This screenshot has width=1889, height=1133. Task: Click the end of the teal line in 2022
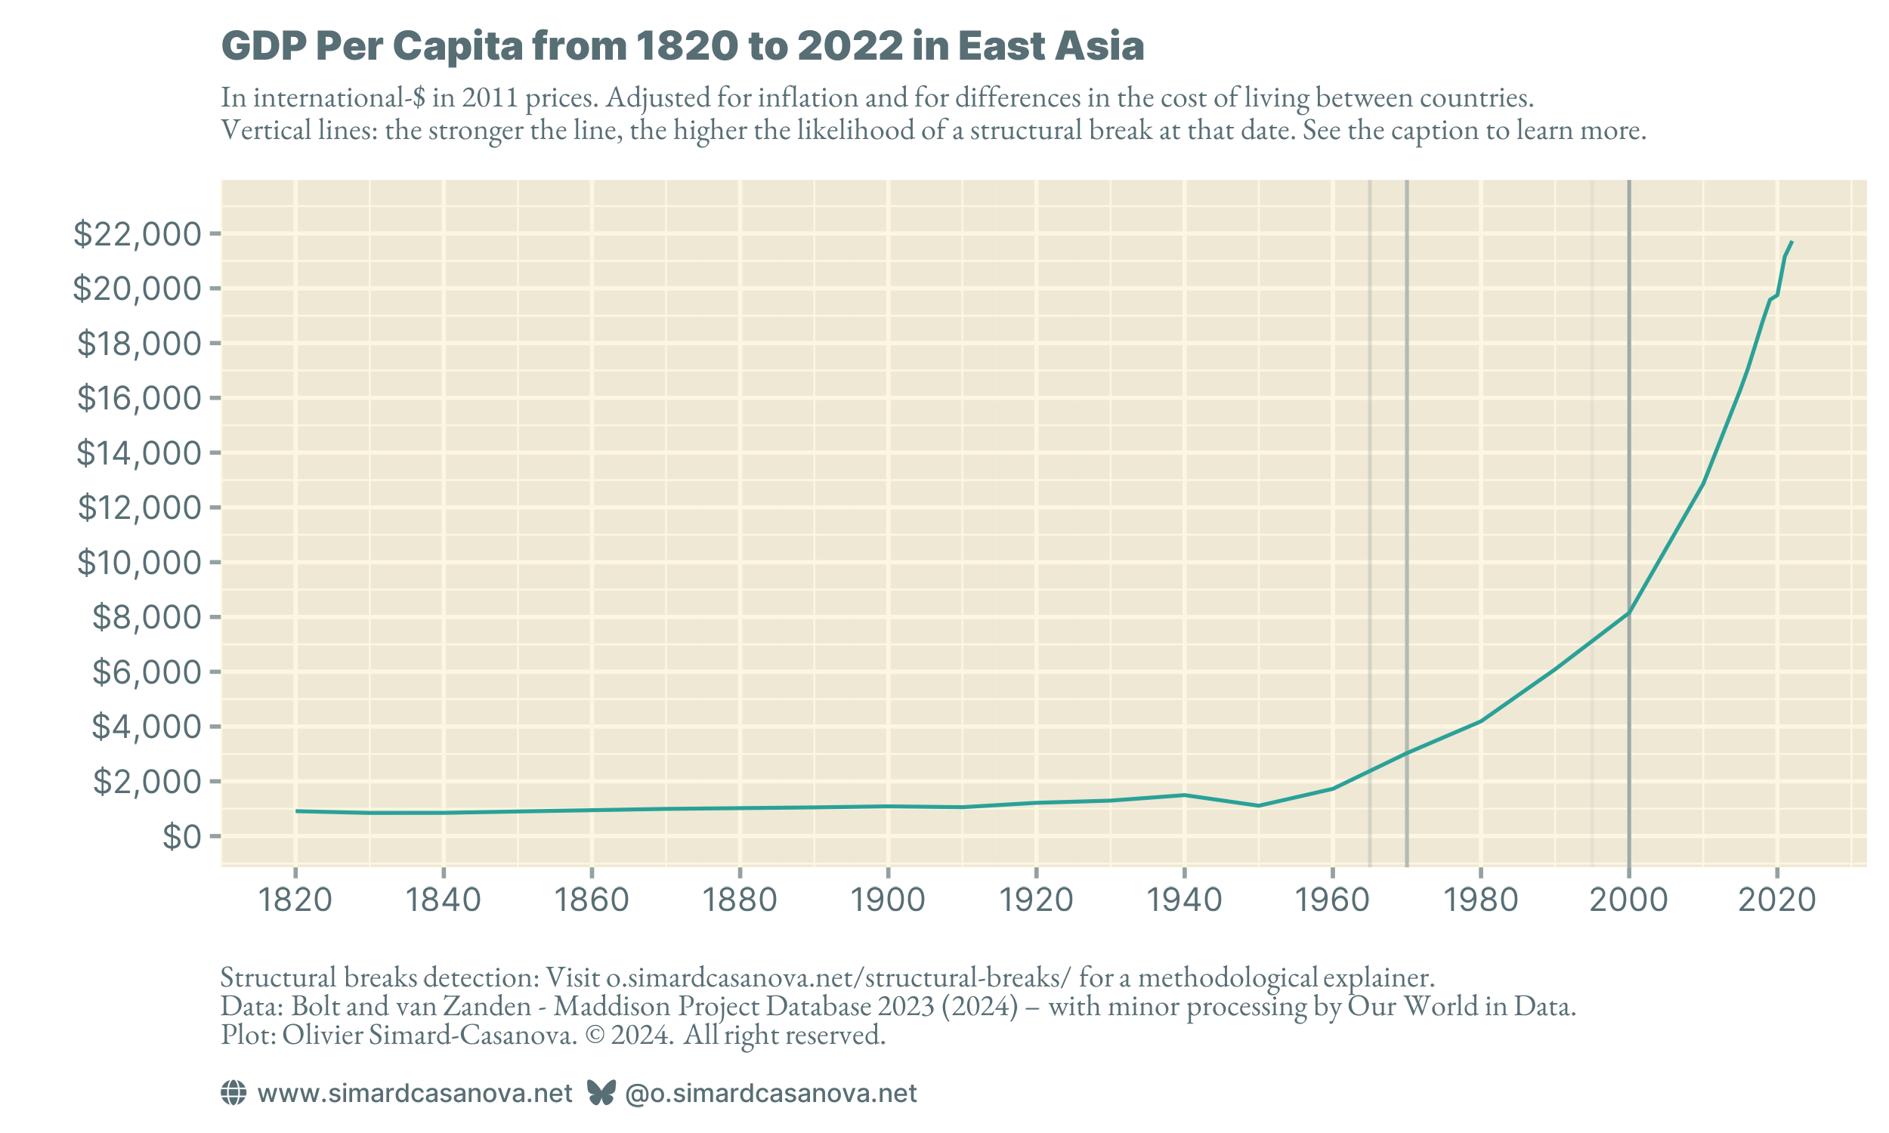coord(1792,242)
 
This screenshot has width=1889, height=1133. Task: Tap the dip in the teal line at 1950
coord(1258,805)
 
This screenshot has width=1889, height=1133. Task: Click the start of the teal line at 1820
coord(296,810)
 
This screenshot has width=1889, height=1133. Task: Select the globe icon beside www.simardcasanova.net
coord(233,1092)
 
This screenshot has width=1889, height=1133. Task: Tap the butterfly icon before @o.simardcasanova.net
coord(601,1092)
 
